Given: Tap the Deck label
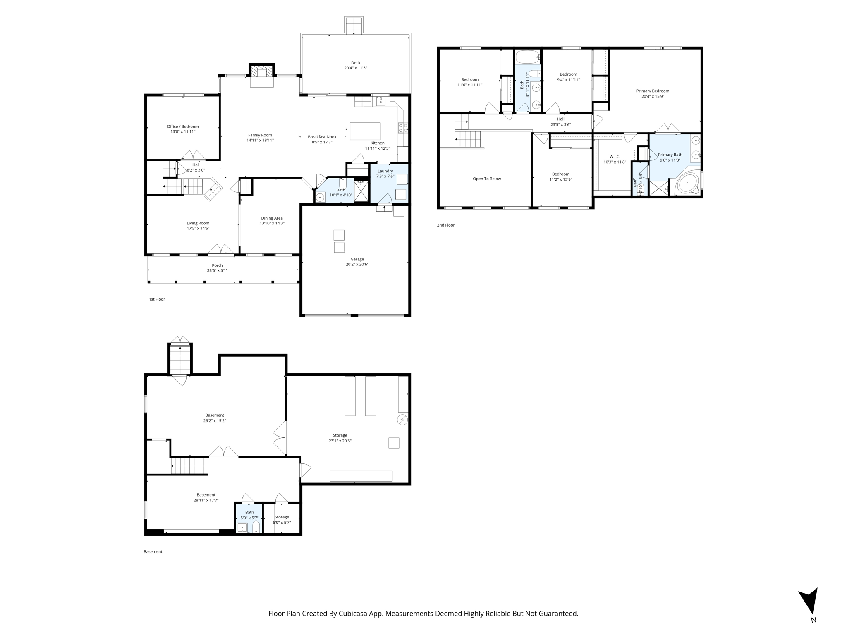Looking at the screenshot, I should pos(356,63).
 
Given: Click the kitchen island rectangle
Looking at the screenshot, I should pos(365,131).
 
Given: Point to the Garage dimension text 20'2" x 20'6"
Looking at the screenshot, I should pos(357,265).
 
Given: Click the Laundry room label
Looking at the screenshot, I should pos(385,171).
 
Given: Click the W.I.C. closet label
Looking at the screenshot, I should pos(615,157).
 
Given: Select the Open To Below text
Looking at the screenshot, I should pos(487,179).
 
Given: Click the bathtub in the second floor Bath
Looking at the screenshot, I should pos(528,56).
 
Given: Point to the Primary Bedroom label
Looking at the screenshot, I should pos(653,91).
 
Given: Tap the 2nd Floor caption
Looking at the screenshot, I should pos(446,225).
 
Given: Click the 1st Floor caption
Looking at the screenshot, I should pos(157,299).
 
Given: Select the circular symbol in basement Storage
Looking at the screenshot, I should pos(402,420).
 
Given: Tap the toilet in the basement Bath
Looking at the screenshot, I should pos(256,527).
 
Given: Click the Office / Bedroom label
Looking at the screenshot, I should pos(183,127).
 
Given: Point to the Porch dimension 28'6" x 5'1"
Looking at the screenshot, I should pos(218,271).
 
